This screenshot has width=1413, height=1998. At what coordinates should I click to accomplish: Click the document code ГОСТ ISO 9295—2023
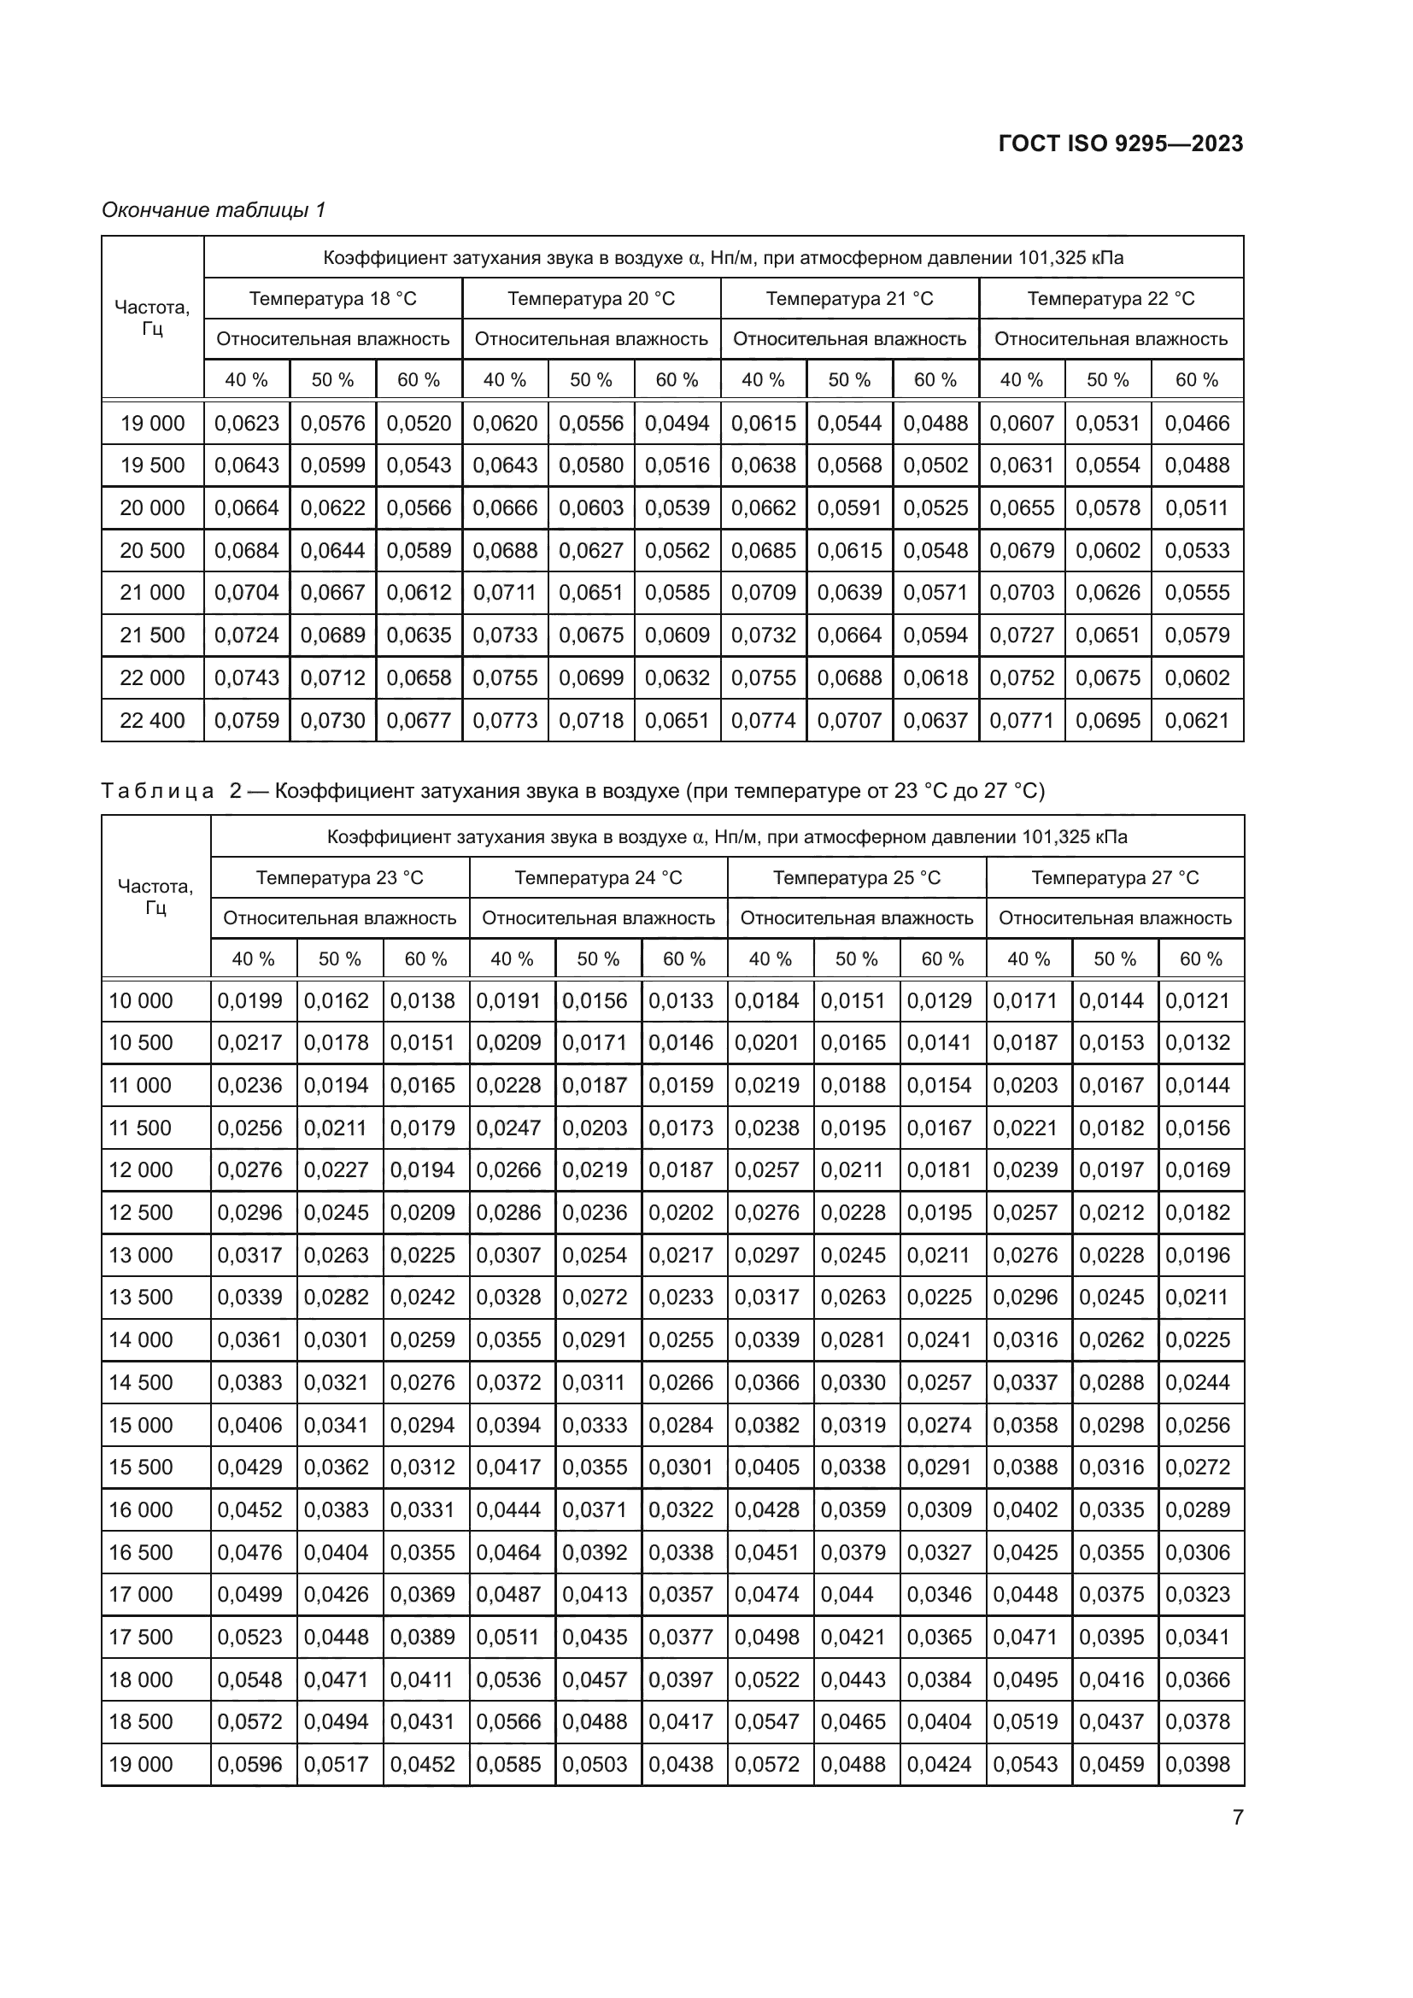click(x=1121, y=144)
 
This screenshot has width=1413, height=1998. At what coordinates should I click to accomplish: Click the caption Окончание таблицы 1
click(x=214, y=210)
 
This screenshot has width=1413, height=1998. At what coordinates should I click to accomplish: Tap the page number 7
click(x=1237, y=1817)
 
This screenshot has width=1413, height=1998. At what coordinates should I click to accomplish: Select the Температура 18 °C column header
click(x=332, y=298)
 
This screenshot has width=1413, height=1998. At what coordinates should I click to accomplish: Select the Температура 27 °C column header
click(x=1115, y=877)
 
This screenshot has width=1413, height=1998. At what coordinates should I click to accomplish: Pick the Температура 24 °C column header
click(x=598, y=877)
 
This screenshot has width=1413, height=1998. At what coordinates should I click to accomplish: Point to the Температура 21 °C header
click(x=849, y=298)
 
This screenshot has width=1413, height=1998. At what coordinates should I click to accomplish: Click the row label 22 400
click(x=152, y=721)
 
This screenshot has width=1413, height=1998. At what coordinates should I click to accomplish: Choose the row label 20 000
click(x=152, y=507)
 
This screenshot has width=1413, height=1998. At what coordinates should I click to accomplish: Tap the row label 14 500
click(x=141, y=1382)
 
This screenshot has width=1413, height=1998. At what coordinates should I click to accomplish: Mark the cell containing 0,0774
click(x=763, y=721)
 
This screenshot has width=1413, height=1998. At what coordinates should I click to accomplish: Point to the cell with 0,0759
click(x=246, y=721)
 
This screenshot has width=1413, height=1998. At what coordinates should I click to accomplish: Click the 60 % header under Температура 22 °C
click(x=1196, y=380)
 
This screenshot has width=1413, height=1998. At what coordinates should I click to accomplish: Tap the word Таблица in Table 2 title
click(x=157, y=791)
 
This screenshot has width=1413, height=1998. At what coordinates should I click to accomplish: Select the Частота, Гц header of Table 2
click(x=155, y=896)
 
